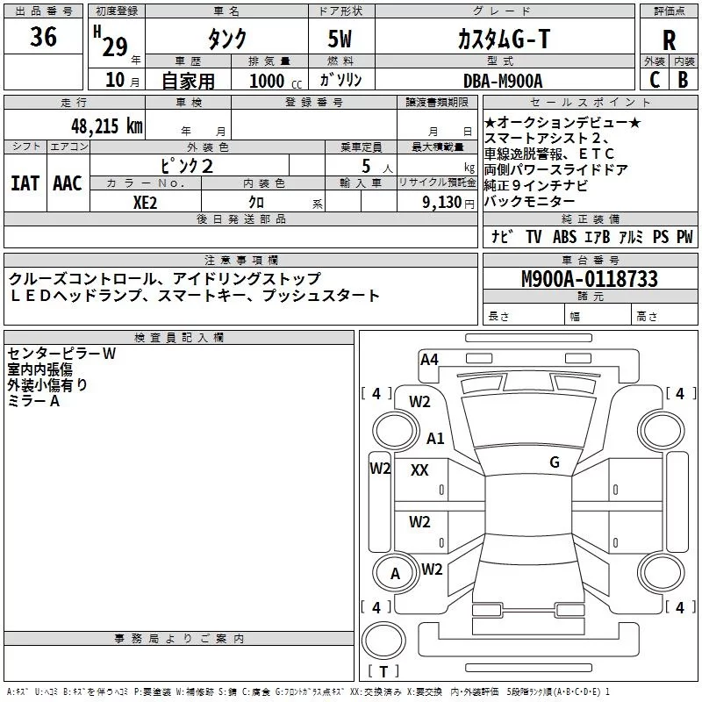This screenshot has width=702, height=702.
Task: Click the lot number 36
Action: click(43, 36)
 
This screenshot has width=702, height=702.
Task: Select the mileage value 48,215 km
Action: click(106, 126)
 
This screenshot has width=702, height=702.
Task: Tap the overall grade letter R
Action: click(669, 40)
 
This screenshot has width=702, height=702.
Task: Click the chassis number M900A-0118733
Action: click(590, 279)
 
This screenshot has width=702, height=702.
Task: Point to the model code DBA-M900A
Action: click(503, 81)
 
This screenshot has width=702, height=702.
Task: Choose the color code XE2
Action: click(145, 203)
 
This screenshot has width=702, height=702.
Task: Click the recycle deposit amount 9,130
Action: click(442, 203)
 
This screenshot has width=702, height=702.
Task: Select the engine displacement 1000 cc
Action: click(276, 81)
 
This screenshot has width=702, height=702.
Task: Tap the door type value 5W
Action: click(340, 39)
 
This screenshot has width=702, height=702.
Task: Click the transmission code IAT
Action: click(25, 183)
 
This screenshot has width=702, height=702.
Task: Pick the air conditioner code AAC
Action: click(68, 183)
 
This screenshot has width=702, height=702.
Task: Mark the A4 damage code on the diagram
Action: click(429, 360)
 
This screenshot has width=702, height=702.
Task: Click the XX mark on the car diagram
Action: click(419, 470)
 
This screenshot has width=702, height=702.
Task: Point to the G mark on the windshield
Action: click(555, 462)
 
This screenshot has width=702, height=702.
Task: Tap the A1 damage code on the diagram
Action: click(435, 438)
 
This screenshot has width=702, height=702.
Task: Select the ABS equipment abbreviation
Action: click(564, 236)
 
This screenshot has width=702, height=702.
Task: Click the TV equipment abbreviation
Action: click(534, 236)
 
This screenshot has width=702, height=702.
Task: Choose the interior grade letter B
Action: click(683, 80)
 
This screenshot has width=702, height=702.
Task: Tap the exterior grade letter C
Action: click(655, 80)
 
